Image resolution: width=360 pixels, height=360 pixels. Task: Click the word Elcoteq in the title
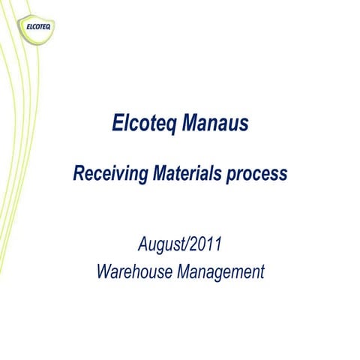142,124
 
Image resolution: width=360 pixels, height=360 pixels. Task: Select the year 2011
205,244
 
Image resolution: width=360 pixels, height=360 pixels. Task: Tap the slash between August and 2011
188,244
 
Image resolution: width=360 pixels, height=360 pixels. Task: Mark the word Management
221,271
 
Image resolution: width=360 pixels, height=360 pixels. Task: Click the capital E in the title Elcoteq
117,124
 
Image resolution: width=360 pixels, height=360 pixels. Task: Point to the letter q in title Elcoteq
169,126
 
